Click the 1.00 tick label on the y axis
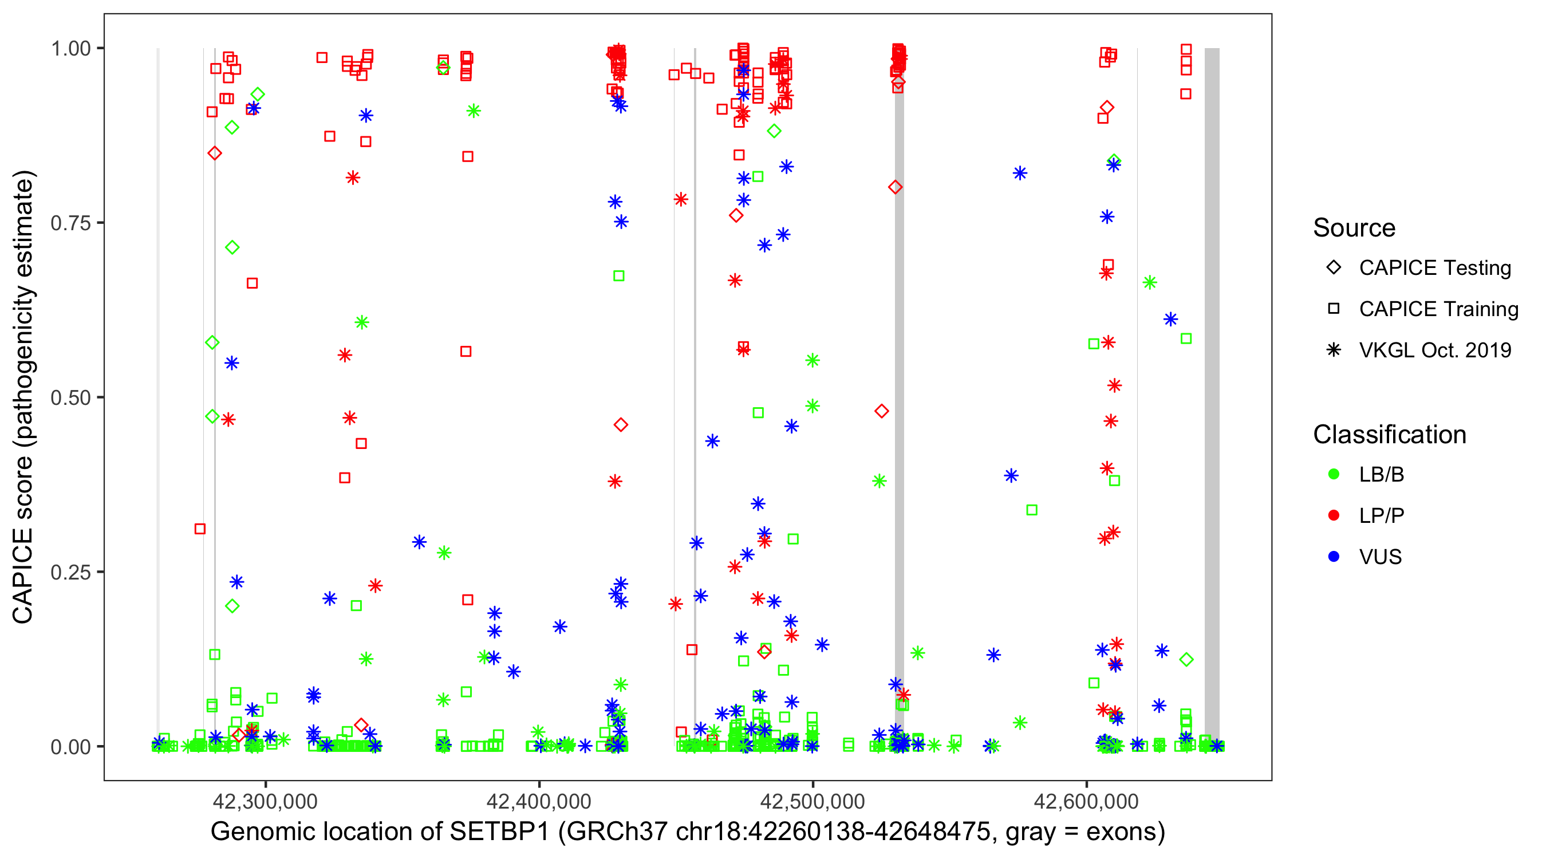click(x=70, y=49)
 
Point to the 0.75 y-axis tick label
click(x=70, y=223)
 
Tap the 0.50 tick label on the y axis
click(x=70, y=398)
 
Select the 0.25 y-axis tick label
click(x=70, y=572)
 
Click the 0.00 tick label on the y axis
click(x=70, y=747)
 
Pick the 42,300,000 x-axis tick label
click(x=265, y=801)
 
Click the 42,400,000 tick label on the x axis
click(x=539, y=801)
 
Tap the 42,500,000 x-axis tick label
click(x=813, y=801)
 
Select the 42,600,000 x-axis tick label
click(x=1086, y=801)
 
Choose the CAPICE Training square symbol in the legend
click(x=1334, y=309)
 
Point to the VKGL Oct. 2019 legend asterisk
click(x=1334, y=350)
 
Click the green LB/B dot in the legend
click(x=1334, y=474)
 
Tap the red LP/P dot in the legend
click(x=1334, y=515)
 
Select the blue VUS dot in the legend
click(x=1334, y=557)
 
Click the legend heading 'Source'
click(x=1354, y=228)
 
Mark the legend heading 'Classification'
click(x=1389, y=435)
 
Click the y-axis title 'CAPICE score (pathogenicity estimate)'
click(x=23, y=397)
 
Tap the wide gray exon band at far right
click(x=1212, y=396)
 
